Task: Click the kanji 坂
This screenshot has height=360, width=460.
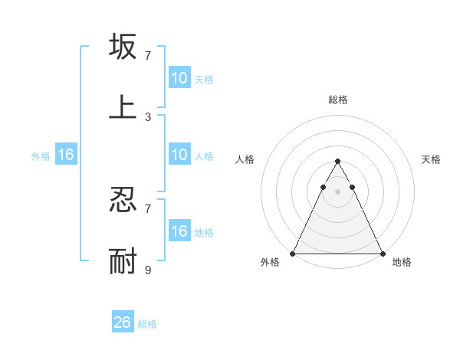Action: click(123, 47)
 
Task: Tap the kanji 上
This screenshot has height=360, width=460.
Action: click(123, 106)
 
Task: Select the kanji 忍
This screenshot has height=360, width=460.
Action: click(123, 200)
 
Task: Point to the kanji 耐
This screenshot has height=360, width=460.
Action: click(123, 260)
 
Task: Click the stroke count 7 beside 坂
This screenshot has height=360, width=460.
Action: click(148, 56)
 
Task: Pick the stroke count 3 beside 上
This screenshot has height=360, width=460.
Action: click(148, 116)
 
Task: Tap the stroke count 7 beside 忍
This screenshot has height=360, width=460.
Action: click(148, 208)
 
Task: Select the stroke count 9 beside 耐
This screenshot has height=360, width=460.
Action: click(148, 270)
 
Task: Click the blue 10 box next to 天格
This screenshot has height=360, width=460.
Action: click(179, 78)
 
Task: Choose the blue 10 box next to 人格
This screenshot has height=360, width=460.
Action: click(179, 155)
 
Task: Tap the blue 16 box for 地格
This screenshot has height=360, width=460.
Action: click(179, 231)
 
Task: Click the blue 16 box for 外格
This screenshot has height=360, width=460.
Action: click(66, 155)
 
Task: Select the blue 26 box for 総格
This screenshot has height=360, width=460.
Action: click(123, 322)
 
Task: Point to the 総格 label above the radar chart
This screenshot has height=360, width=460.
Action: click(337, 100)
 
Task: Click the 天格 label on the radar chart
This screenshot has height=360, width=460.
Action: click(432, 159)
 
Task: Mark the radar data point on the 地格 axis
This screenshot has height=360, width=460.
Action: click(382, 253)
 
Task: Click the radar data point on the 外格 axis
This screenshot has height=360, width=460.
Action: click(293, 253)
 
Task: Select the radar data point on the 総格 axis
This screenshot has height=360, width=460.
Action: click(337, 162)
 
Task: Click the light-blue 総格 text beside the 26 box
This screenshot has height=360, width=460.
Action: click(147, 324)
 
